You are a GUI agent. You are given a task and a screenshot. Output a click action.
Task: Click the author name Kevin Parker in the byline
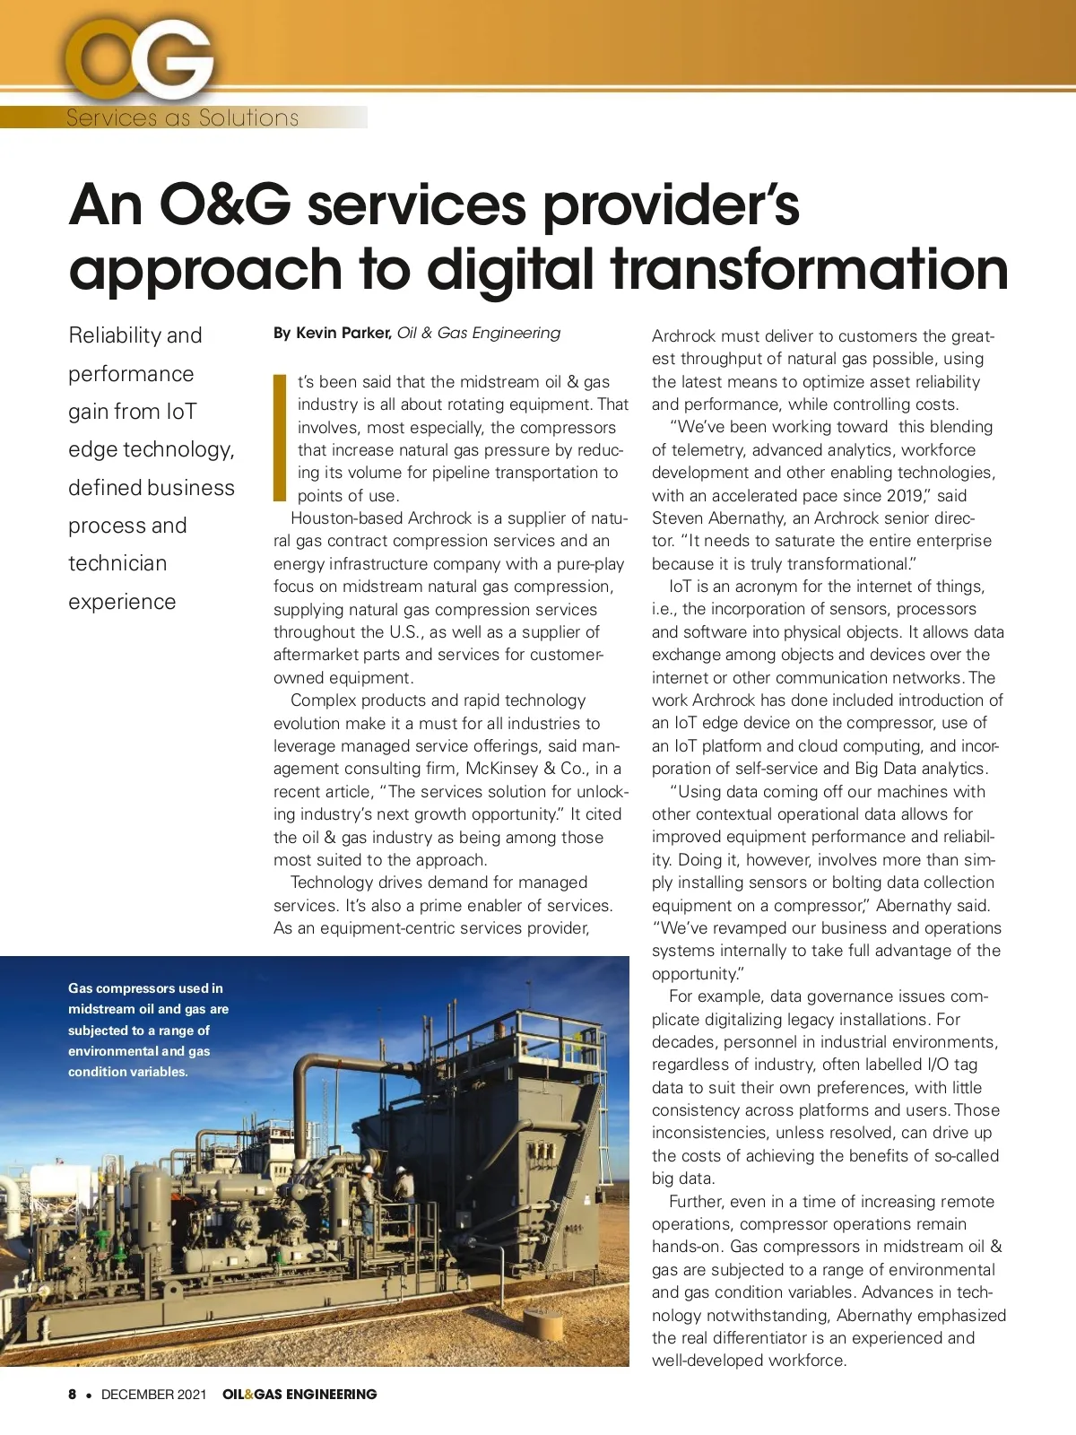(x=343, y=333)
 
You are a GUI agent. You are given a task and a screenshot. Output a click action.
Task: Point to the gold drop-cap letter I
(x=279, y=438)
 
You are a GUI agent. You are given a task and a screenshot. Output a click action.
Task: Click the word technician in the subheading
(x=117, y=563)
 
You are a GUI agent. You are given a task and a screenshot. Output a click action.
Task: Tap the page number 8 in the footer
(x=73, y=1395)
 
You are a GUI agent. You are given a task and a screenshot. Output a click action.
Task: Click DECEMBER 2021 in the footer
(x=153, y=1395)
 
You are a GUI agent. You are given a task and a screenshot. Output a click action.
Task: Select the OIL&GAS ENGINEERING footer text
(x=299, y=1395)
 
